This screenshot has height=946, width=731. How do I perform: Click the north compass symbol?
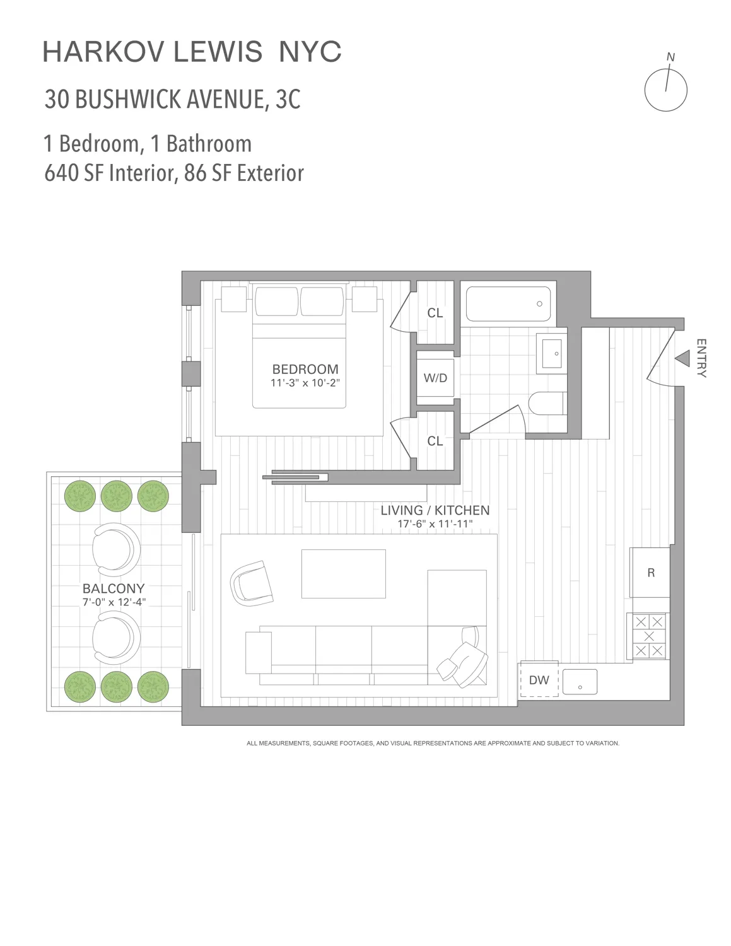click(665, 89)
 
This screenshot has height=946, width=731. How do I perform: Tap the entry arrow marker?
click(682, 359)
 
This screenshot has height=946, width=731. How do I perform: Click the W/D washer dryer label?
click(435, 378)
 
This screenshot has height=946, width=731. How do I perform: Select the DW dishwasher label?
click(539, 680)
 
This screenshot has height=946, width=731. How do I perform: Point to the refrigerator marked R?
click(650, 573)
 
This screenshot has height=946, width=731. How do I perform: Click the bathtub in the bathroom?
click(508, 304)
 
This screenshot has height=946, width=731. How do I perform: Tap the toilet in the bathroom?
click(546, 404)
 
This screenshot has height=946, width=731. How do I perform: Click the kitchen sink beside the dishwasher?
click(580, 682)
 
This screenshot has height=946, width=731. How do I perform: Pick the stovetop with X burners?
click(648, 636)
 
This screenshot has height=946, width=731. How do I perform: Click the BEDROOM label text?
click(305, 369)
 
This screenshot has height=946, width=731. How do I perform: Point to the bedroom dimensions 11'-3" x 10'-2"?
click(305, 383)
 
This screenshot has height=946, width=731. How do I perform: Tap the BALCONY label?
click(114, 588)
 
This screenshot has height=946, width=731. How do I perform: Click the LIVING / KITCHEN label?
click(435, 510)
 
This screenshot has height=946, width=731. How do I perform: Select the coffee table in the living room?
click(343, 573)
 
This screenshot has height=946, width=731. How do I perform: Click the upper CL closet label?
click(435, 313)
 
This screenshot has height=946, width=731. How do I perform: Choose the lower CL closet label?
click(435, 441)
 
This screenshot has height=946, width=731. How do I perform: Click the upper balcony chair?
click(116, 548)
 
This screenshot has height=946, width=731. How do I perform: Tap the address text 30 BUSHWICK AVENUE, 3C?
click(172, 100)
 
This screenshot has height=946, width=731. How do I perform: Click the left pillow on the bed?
click(276, 301)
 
